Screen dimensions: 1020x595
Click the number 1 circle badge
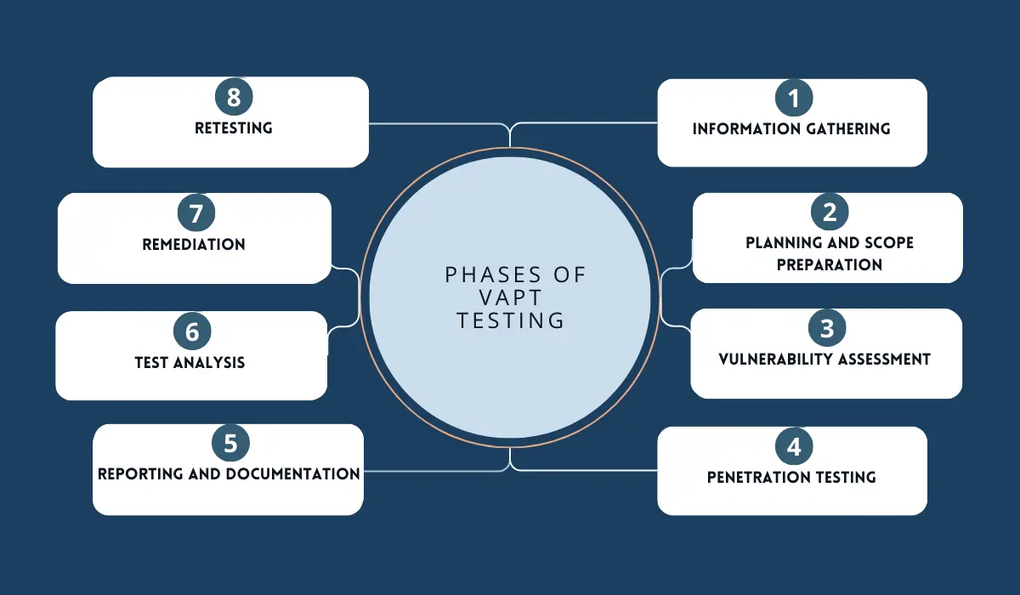click(794, 98)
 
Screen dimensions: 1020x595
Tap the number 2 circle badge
click(830, 212)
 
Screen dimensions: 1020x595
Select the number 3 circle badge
click(827, 328)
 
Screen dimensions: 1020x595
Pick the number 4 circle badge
click(794, 446)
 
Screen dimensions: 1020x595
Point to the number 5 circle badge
click(230, 443)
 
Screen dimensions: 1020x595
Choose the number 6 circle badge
click(192, 331)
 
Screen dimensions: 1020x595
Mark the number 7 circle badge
click(196, 213)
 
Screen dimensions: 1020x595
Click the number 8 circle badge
click(234, 97)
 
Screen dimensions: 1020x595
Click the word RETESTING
click(234, 127)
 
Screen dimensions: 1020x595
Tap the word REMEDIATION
click(194, 245)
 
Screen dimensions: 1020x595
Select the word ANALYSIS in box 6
click(209, 362)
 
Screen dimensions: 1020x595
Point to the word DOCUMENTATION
click(293, 474)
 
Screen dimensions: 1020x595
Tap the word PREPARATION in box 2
click(830, 264)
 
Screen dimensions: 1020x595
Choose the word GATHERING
click(848, 129)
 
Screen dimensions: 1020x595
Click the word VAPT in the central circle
click(511, 297)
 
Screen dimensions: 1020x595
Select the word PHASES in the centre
click(490, 275)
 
